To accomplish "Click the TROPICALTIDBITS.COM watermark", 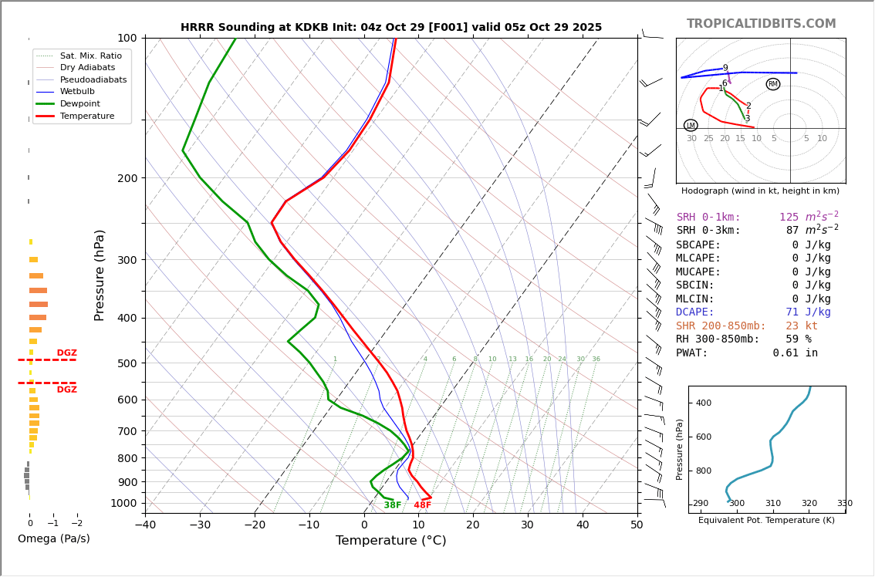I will [x=761, y=24].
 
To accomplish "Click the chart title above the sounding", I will [x=391, y=28].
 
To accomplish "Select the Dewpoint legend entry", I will [x=80, y=104].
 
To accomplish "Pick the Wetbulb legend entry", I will [x=77, y=92].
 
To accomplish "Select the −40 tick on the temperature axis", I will [x=145, y=525].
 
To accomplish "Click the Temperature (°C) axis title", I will [x=390, y=542].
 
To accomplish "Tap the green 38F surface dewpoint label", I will [x=393, y=506].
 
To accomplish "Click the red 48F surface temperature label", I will [x=423, y=506].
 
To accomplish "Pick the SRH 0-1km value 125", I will [x=789, y=218].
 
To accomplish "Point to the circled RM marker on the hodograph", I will [x=773, y=84].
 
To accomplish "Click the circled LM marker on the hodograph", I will [x=691, y=125].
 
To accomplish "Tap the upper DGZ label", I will [x=66, y=353].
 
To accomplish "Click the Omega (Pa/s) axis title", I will [x=54, y=539].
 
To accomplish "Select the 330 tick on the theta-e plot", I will [x=845, y=504].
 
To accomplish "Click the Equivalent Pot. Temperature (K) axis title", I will [x=766, y=521].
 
